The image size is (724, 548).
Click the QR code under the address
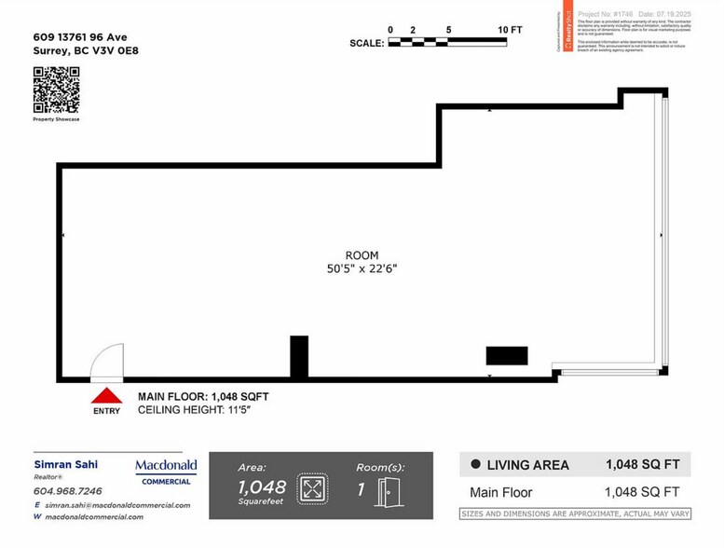point(56,90)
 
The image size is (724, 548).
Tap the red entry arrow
point(106,395)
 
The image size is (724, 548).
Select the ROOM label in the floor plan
point(362,255)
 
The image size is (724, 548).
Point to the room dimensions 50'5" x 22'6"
point(362,268)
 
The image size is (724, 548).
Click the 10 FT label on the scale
point(511,30)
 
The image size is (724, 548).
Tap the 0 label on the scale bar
point(390,30)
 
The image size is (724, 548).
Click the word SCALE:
point(366,43)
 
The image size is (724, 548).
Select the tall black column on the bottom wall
point(299,357)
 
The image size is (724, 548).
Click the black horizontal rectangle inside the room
point(507,355)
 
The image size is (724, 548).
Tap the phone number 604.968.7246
point(67,490)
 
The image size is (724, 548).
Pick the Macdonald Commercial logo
point(166,472)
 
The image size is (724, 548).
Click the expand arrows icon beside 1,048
point(312,488)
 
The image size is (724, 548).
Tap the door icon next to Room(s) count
point(389,490)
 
